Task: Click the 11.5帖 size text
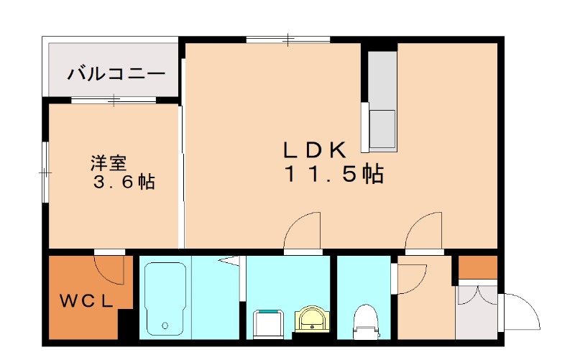pos(332,174)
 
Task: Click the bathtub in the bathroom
pos(165,298)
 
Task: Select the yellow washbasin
pos(312,319)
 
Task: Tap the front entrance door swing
pos(520,310)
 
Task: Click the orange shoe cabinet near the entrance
pos(478,267)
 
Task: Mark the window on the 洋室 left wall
pos(45,172)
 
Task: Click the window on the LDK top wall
pos(287,39)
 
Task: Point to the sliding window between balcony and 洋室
pos(114,100)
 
